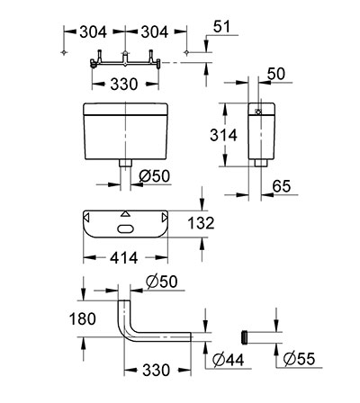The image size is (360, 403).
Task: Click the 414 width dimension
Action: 123,258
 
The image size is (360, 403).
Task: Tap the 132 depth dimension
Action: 201,223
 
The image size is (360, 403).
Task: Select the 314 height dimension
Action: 223,135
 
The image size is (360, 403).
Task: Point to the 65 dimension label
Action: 282,186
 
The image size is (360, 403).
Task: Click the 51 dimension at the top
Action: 222,26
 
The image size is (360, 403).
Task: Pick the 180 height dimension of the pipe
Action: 83,318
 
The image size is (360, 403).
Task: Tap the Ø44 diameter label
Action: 229,360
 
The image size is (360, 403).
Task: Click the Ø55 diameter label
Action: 299,359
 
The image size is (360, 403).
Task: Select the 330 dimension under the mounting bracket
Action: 124,85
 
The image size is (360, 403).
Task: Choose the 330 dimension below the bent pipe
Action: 156,371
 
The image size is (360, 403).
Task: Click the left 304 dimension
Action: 93,32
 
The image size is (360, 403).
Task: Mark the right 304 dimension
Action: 155,32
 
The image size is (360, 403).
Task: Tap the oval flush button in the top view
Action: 125,228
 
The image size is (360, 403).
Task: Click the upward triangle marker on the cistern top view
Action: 126,214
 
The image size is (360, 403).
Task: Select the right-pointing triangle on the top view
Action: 164,218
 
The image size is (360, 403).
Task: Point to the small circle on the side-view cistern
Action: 257,112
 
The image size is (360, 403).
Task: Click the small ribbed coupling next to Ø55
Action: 245,337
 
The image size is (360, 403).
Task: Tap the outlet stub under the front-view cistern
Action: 126,163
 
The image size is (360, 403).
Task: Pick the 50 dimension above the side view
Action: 276,74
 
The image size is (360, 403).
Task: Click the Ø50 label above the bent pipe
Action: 161,282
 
